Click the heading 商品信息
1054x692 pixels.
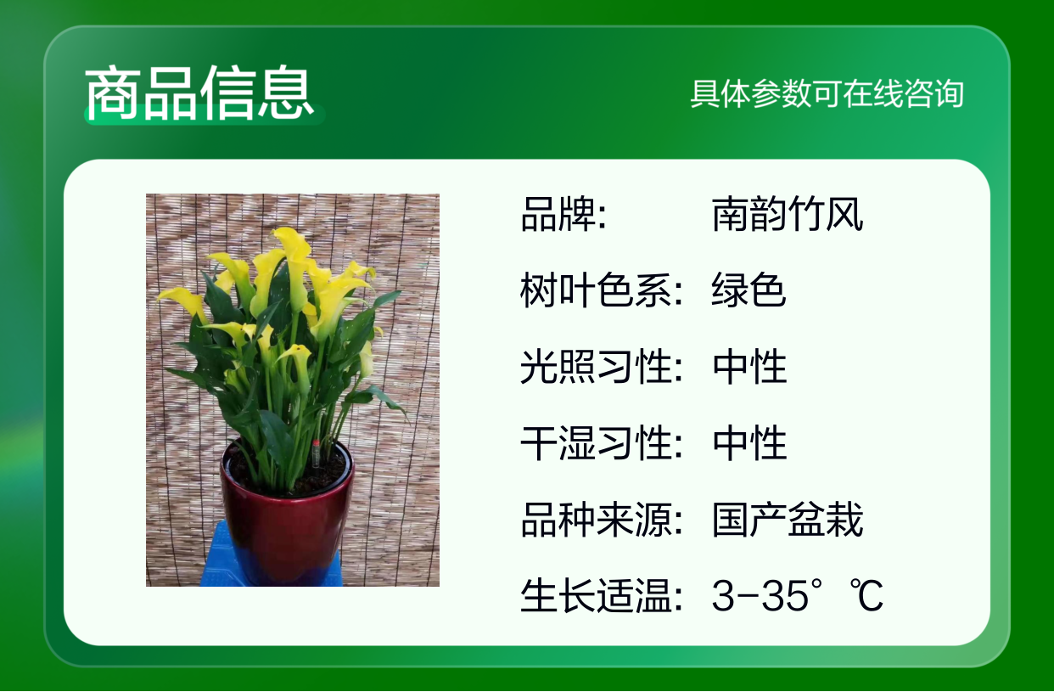(x=199, y=93)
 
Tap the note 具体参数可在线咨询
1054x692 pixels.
(x=827, y=93)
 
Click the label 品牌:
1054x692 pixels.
(x=563, y=214)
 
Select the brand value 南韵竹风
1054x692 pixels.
(x=788, y=214)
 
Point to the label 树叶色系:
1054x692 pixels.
(x=602, y=290)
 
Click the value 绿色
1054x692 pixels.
(x=748, y=290)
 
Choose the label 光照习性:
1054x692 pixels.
(x=602, y=366)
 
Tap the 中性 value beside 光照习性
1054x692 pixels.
(x=749, y=366)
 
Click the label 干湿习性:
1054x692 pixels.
(x=602, y=442)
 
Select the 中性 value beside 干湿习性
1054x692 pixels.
(x=749, y=442)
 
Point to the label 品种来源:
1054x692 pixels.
(x=602, y=520)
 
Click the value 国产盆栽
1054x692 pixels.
(x=788, y=520)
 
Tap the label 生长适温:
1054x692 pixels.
(x=602, y=595)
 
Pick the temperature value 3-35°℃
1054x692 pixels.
(x=797, y=595)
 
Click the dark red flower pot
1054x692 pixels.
(x=287, y=513)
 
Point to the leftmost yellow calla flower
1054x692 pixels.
(x=182, y=301)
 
